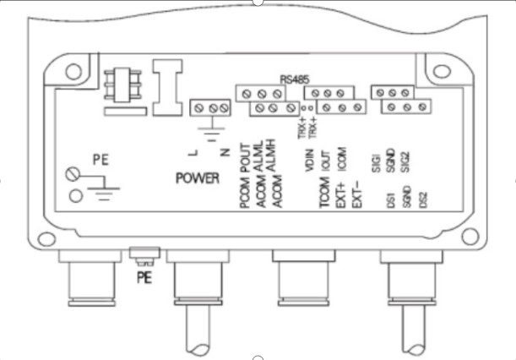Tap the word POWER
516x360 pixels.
click(198, 179)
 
